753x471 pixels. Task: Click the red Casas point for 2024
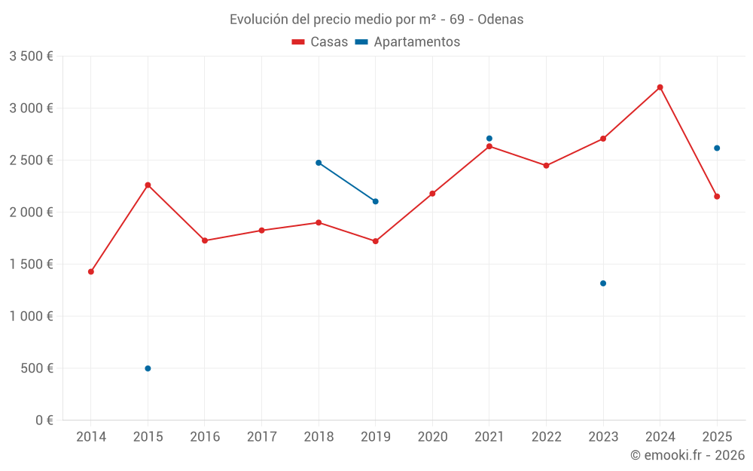click(660, 87)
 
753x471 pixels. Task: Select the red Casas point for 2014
click(91, 271)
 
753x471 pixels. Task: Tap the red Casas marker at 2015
click(148, 185)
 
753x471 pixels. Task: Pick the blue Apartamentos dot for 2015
click(148, 369)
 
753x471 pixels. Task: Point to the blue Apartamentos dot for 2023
click(603, 283)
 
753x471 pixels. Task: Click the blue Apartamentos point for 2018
click(319, 163)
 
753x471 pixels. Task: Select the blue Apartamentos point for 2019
click(376, 201)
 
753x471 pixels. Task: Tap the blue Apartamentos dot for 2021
click(489, 139)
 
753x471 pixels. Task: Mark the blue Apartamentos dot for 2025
click(717, 148)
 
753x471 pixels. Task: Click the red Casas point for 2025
click(717, 197)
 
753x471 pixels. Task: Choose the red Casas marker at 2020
click(432, 194)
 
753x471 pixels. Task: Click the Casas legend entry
click(320, 42)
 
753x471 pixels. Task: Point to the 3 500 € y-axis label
click(31, 57)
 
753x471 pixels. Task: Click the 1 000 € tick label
click(31, 317)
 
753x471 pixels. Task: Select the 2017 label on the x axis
click(261, 437)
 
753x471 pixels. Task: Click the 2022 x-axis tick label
click(546, 437)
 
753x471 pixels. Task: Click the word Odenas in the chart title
click(500, 20)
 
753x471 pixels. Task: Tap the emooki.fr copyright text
click(687, 455)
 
